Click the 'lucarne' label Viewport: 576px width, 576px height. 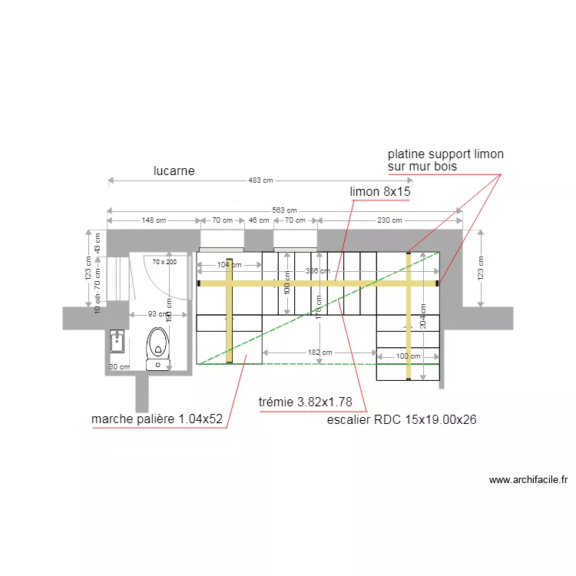coord(174,171)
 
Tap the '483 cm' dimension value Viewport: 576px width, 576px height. coord(261,181)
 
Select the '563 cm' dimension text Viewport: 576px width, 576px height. coord(284,210)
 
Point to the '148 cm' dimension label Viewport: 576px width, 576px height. coord(154,220)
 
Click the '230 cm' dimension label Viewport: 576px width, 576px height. coord(389,220)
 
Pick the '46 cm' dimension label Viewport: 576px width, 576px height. coord(259,220)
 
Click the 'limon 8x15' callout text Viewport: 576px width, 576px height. coord(380,191)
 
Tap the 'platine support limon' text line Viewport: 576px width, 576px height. coord(445,154)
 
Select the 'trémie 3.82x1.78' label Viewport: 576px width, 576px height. coord(306,402)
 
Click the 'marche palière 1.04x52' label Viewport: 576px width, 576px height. coord(157,419)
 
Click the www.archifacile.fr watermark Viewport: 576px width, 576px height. coord(528,480)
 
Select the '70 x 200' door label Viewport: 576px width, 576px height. coord(164,262)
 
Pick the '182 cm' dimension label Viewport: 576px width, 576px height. coord(319,353)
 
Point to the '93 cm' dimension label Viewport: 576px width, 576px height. coord(157,314)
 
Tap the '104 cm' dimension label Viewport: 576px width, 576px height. coord(223,265)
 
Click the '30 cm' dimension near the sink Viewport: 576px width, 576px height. coord(119,367)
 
